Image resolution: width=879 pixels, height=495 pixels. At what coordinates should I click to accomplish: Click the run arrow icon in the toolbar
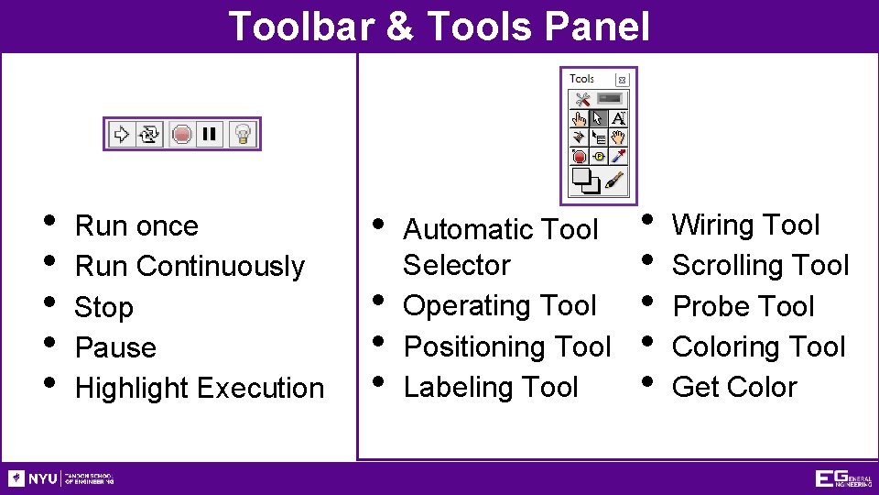point(120,135)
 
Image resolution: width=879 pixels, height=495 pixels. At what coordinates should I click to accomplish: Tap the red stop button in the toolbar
point(181,135)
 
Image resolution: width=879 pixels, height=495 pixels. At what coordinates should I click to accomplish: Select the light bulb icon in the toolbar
point(242,135)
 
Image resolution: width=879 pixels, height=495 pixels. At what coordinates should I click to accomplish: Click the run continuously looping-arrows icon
point(149,135)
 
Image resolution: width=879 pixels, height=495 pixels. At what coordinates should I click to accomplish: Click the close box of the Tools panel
point(622,80)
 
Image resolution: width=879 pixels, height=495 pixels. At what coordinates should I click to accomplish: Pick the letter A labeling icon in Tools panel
point(618,118)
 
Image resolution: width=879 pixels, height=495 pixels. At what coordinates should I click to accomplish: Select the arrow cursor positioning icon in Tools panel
point(598,118)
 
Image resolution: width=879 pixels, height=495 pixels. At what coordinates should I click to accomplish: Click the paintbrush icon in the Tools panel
point(615,179)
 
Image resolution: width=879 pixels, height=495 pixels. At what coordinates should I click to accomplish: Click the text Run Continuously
point(190,267)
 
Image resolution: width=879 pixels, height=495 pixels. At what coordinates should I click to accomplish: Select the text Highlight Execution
point(200,389)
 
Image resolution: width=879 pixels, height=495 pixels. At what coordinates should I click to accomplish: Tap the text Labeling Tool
point(491,388)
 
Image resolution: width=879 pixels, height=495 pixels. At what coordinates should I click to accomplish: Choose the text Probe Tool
point(743,306)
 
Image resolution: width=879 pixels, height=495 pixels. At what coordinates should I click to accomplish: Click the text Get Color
point(734,388)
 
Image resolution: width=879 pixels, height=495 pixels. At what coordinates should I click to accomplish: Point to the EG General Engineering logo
point(842,478)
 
